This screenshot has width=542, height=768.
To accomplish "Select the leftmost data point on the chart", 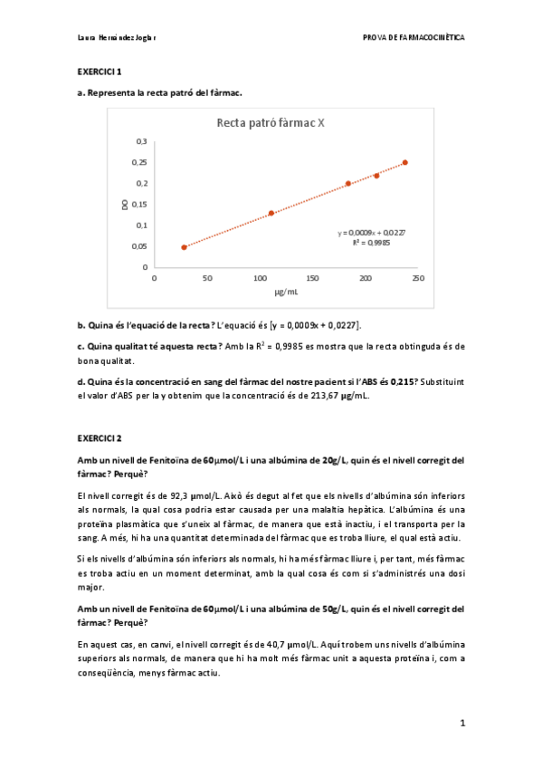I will click(184, 246).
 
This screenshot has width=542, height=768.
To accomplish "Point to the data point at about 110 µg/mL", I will click(271, 213).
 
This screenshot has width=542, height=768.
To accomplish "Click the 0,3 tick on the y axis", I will click(141, 141).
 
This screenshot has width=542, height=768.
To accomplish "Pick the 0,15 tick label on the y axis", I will click(139, 204).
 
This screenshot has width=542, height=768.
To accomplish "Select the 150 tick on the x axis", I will click(312, 278).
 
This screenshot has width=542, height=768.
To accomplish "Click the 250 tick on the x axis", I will click(418, 278).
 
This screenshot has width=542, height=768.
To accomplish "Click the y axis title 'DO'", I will click(125, 204).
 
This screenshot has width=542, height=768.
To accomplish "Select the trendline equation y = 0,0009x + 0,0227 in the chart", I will click(371, 233).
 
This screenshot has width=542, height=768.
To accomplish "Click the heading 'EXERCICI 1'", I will click(100, 71).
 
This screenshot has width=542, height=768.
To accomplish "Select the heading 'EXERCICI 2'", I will click(100, 438).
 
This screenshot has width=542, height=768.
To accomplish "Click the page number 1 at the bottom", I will click(461, 723).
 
